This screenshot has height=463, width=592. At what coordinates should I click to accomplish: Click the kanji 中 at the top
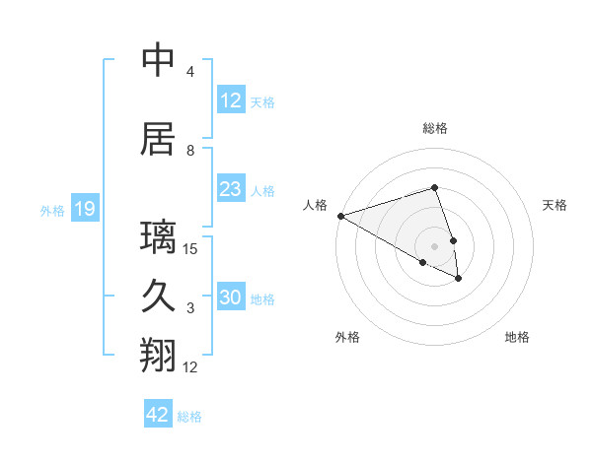(159, 61)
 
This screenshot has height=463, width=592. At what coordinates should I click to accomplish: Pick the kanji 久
(159, 297)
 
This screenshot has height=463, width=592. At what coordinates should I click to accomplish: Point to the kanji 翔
(159, 356)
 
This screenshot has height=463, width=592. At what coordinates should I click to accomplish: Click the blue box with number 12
(230, 100)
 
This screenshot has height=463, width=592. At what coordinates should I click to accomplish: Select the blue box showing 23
(230, 189)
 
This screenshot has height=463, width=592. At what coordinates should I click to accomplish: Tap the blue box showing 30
(230, 298)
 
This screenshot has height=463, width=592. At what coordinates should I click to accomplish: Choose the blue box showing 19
(84, 209)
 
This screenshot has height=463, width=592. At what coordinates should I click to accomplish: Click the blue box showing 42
(158, 415)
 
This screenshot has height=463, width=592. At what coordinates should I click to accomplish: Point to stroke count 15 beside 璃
(190, 249)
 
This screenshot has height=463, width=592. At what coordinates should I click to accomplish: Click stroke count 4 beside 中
(190, 72)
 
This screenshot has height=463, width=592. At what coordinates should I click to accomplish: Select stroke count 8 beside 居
(190, 151)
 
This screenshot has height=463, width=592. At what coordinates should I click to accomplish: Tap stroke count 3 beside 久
(190, 308)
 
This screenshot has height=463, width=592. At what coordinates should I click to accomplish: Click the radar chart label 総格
(435, 128)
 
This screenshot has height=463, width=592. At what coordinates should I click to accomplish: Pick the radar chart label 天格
(555, 205)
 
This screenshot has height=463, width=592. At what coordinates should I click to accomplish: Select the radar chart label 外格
(347, 337)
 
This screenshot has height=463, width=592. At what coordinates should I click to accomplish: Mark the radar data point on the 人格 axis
(340, 215)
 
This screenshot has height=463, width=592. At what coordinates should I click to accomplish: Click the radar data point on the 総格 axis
(435, 187)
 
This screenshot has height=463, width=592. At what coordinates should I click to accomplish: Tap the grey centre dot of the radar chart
(435, 245)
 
